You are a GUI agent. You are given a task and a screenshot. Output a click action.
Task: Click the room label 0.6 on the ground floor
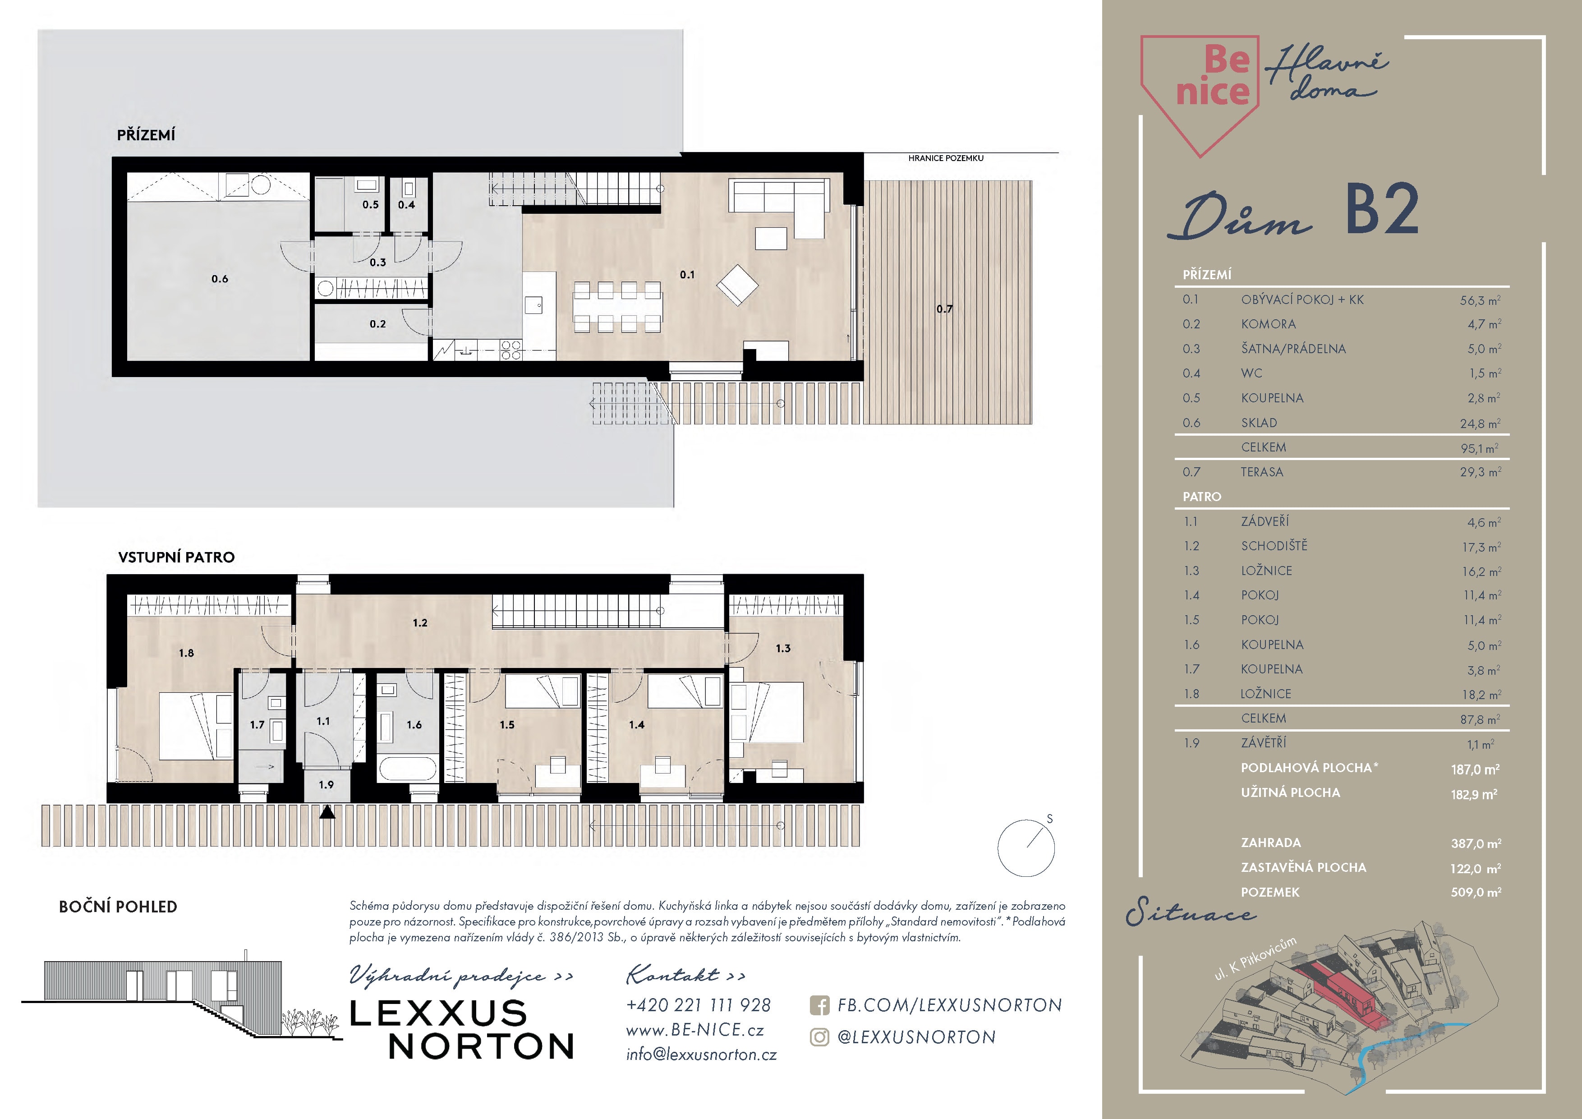[220, 279]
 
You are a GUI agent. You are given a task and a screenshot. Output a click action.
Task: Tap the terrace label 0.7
[945, 309]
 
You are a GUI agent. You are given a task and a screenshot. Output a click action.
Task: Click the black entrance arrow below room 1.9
[327, 812]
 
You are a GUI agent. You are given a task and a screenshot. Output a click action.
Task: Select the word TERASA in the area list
[1262, 472]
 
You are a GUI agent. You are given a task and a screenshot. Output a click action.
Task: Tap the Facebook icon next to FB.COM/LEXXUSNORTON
[819, 1005]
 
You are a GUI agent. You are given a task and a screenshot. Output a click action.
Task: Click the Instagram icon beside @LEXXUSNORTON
[819, 1037]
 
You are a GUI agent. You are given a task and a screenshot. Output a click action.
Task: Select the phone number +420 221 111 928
[698, 1005]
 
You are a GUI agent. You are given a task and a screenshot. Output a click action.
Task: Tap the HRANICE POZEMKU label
[945, 158]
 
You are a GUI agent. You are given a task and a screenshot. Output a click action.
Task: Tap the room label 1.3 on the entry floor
[783, 649]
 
